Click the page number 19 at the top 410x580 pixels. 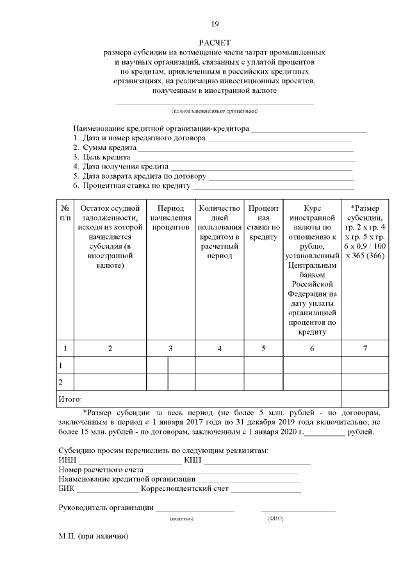[x=215, y=24]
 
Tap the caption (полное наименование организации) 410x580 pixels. [x=214, y=111]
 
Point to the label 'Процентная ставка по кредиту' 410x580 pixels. [x=135, y=186]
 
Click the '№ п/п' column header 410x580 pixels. [x=65, y=213]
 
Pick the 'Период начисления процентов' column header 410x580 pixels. [x=170, y=218]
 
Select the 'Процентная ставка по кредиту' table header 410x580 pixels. [x=263, y=222]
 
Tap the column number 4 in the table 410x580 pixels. [x=220, y=349]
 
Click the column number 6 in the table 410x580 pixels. [x=312, y=349]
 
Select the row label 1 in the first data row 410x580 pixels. [x=61, y=365]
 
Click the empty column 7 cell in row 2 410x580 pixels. [x=365, y=382]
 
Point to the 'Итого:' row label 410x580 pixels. [x=70, y=399]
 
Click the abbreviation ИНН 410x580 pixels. [x=67, y=460]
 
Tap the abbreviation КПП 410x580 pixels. [x=192, y=460]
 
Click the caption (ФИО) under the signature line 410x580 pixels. [x=275, y=518]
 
